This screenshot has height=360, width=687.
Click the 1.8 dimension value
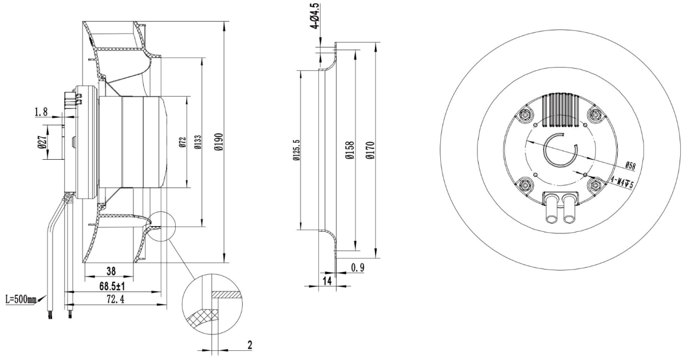pos(42,112)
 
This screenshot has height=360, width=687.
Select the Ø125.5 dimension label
pos(295,151)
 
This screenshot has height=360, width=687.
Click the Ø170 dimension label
pos(371,151)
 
